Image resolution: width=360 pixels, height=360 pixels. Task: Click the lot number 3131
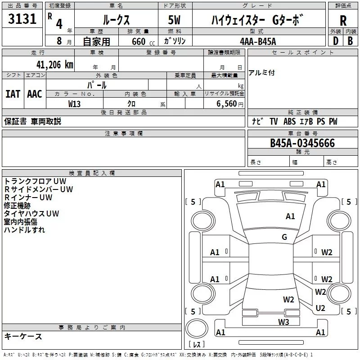(22, 20)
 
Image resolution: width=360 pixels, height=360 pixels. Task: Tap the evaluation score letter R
(343, 20)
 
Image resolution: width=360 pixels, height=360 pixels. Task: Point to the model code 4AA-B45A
(258, 41)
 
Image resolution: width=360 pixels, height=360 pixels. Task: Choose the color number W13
(75, 103)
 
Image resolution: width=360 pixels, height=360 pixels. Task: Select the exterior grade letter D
(335, 41)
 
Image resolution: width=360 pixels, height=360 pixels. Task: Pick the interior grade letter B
(350, 41)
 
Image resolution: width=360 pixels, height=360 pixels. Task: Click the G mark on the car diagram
(284, 237)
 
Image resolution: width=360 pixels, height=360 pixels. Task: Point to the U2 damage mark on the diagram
(320, 308)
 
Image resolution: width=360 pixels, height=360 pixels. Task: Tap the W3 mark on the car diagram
(283, 321)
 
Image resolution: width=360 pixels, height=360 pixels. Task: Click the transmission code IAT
(13, 94)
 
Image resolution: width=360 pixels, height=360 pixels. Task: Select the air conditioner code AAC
(34, 94)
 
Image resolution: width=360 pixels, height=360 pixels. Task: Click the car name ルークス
(116, 20)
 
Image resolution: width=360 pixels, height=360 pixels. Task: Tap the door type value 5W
(175, 20)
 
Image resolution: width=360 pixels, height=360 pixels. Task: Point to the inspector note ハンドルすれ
(24, 230)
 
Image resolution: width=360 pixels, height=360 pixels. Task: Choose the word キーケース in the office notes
(23, 336)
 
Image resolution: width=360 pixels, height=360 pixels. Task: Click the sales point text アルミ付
(261, 73)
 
